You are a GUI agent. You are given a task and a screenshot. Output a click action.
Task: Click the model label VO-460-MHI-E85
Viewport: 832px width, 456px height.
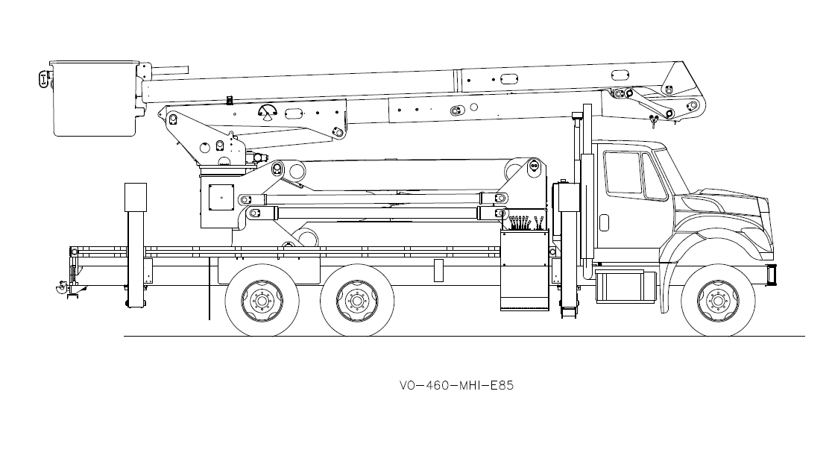[x=456, y=385]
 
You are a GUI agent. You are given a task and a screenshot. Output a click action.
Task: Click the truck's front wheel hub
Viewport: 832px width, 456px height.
[x=718, y=301]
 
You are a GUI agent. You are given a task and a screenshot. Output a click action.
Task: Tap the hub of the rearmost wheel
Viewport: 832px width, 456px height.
[x=262, y=301]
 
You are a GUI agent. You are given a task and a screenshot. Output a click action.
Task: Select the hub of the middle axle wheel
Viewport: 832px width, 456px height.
[x=357, y=301]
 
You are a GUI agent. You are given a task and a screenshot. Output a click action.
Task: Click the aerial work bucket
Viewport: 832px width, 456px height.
[x=95, y=99]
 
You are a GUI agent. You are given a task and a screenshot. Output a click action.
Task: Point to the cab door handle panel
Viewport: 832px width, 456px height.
[x=604, y=222]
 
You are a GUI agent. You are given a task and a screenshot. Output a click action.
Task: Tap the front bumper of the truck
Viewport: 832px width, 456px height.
[x=771, y=274]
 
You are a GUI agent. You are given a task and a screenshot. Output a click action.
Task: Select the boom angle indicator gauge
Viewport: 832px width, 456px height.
[x=267, y=113]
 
